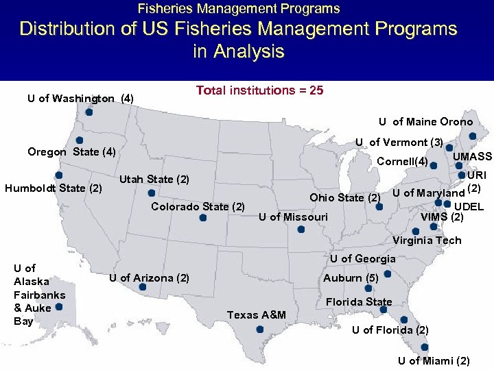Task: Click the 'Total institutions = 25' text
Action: (259, 90)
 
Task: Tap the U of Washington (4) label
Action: (80, 99)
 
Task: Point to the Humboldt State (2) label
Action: (54, 188)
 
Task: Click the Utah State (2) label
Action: (154, 180)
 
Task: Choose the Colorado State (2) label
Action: (198, 206)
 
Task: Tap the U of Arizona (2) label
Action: (149, 277)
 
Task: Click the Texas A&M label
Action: (256, 314)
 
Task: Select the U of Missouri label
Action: (293, 217)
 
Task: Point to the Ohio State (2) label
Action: (345, 198)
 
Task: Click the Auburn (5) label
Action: (351, 278)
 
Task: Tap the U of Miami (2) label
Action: (434, 360)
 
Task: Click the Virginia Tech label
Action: (427, 241)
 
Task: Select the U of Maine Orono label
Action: (425, 122)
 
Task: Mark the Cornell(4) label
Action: (403, 162)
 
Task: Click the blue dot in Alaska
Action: (60, 308)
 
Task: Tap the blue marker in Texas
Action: (259, 329)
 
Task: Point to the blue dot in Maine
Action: (472, 136)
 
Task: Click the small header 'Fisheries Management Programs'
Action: (239, 9)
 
